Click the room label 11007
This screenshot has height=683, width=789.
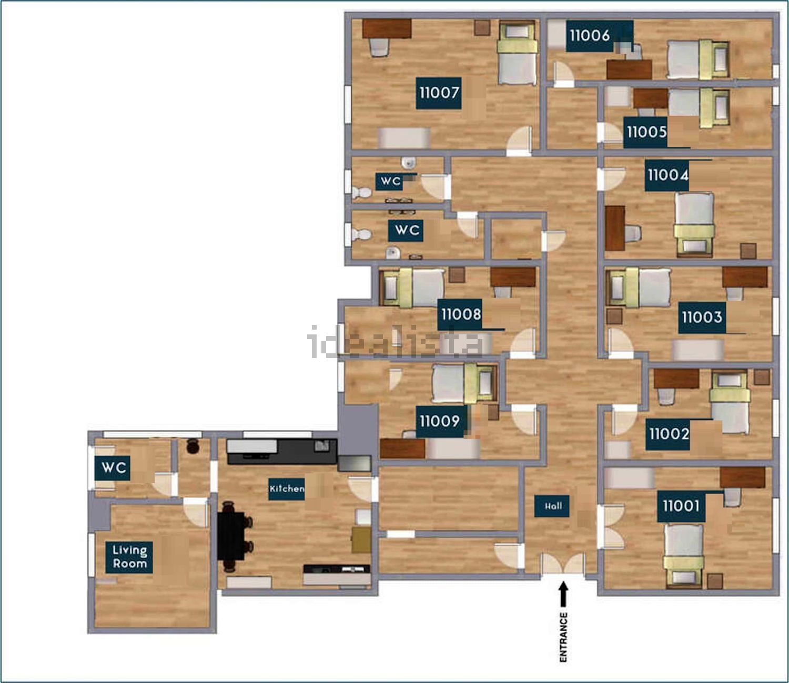point(439,93)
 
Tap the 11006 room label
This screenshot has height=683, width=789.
point(590,36)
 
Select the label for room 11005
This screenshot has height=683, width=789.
point(646,132)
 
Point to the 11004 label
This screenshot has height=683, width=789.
point(668,175)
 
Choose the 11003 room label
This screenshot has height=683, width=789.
point(702,318)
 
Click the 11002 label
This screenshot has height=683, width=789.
point(669,434)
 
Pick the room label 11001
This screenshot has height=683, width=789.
point(681,506)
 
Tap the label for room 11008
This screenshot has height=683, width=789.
point(461,314)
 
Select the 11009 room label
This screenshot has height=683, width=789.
point(439,421)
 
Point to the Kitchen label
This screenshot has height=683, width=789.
point(287,489)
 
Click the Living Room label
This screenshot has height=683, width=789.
point(129,557)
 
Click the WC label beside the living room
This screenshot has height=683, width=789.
point(113,468)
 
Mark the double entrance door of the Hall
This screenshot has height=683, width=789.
point(563,563)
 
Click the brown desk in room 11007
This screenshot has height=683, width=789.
point(387,29)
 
